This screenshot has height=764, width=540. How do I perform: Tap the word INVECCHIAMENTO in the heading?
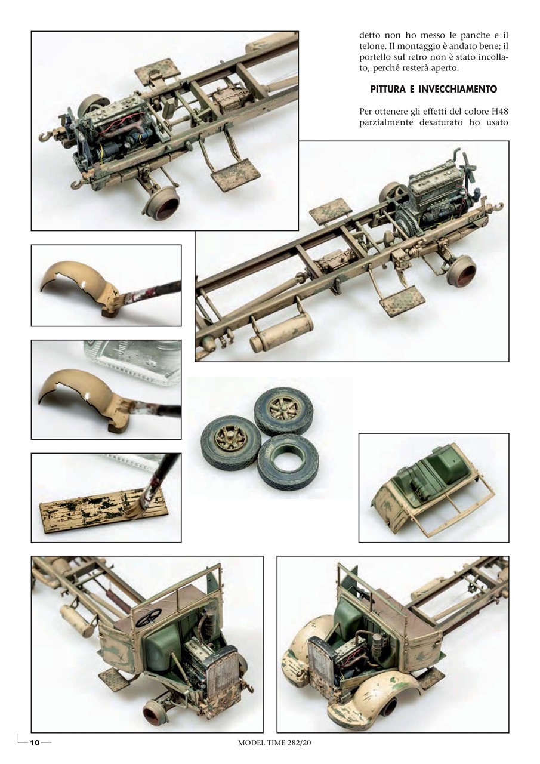click(458, 89)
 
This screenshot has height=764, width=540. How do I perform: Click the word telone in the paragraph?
click(371, 46)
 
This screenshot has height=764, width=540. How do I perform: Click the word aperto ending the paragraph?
click(446, 69)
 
